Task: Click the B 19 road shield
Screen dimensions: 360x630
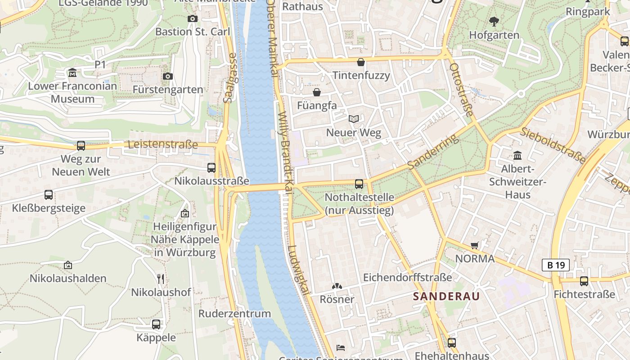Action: [555, 265]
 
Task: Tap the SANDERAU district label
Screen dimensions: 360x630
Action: [446, 296]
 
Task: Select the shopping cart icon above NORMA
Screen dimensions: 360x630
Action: [474, 245]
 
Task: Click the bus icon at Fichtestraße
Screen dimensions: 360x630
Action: [584, 281]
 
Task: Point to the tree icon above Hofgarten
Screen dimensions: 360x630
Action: [494, 21]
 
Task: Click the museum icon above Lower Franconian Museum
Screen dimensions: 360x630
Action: [72, 72]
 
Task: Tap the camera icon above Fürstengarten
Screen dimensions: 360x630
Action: [168, 76]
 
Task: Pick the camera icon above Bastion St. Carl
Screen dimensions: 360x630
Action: [193, 18]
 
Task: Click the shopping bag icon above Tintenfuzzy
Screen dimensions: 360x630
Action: [360, 62]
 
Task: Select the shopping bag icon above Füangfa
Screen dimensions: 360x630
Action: [317, 92]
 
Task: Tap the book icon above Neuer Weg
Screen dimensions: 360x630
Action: [354, 119]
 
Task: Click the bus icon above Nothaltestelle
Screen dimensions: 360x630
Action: [359, 184]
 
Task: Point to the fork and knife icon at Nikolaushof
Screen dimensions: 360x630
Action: [161, 279]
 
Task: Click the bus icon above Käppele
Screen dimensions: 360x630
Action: [156, 324]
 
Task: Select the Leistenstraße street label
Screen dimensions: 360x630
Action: [163, 144]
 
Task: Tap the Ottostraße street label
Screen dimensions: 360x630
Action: [461, 90]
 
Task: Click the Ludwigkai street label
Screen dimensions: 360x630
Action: [299, 270]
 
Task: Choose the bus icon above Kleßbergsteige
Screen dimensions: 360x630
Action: [49, 195]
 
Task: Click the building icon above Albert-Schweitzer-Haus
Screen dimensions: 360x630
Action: [517, 155]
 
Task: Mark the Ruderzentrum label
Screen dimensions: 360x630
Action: [234, 314]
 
